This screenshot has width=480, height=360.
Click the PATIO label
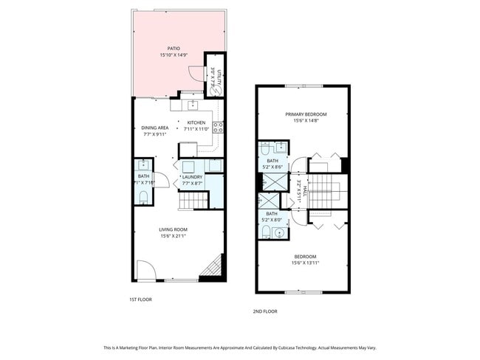click(174, 49)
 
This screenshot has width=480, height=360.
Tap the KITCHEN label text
click(196, 122)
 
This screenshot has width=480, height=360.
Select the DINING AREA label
click(151, 128)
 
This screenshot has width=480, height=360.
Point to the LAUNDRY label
click(193, 177)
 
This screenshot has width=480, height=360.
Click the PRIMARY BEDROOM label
click(306, 114)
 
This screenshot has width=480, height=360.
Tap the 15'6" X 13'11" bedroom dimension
click(306, 263)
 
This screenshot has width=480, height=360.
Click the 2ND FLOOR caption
click(265, 311)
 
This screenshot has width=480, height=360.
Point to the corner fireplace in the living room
click(213, 266)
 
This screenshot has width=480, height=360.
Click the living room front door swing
click(145, 272)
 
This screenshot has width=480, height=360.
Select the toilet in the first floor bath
click(143, 196)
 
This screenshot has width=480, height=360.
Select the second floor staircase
click(321, 193)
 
